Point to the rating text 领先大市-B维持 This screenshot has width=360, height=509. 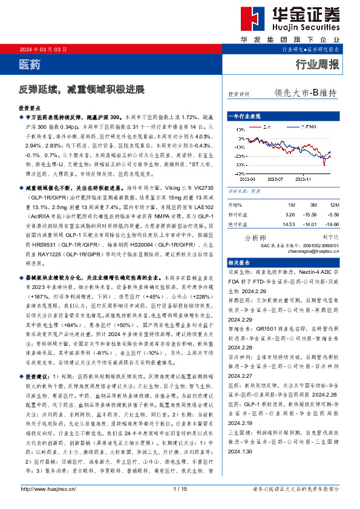[x=305, y=93]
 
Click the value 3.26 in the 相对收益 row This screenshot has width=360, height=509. [x=290, y=215]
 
